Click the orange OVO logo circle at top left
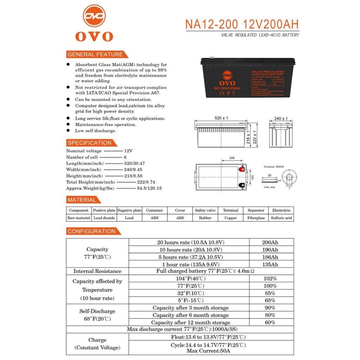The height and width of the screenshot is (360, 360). [94, 16]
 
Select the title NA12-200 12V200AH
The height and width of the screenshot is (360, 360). [242, 24]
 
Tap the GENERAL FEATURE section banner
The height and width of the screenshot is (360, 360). [96, 54]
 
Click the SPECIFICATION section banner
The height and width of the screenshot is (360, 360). [90, 143]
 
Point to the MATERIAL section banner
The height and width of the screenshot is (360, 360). [82, 200]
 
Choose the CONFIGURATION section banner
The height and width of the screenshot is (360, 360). [92, 231]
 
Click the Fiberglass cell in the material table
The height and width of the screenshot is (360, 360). [256, 218]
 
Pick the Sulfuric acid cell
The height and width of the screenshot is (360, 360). [281, 218]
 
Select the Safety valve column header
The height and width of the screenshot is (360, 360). [205, 210]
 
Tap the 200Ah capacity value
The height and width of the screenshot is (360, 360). [270, 242]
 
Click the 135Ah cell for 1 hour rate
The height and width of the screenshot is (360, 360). [270, 264]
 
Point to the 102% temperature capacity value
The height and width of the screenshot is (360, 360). [270, 278]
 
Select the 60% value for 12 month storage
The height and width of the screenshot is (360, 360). [270, 322]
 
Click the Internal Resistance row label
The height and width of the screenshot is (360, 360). [97, 271]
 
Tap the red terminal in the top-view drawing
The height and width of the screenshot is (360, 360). [242, 169]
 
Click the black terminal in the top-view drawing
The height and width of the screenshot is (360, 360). [242, 185]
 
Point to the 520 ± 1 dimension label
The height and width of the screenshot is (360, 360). [221, 118]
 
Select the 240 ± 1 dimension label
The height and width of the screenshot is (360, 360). [281, 118]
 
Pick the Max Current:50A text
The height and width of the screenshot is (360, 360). [208, 351]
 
